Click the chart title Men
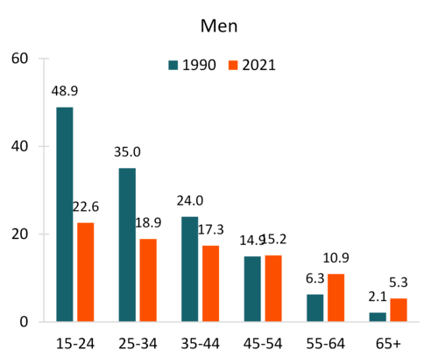218,25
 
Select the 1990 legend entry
192,65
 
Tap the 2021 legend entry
251,65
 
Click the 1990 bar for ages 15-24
64,214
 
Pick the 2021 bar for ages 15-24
85,272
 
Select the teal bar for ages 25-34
127,245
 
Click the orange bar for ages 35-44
211,283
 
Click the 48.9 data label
64,91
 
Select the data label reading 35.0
127,152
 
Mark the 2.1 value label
378,297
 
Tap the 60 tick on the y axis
19,59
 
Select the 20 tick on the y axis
19,234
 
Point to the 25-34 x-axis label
138,343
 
